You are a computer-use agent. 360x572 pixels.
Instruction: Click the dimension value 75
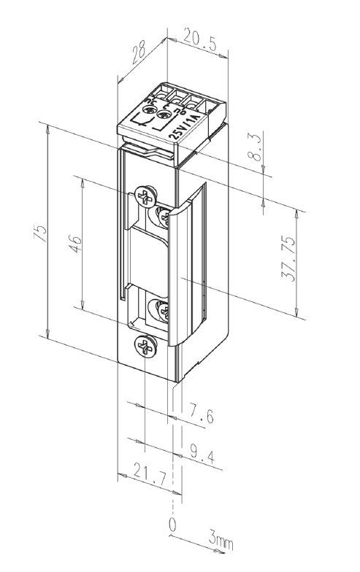(x=42, y=233)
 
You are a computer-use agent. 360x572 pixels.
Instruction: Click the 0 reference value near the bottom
(x=172, y=525)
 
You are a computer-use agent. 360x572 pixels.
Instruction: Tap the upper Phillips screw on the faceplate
(x=145, y=196)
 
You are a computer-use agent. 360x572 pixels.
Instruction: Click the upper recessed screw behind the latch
(x=164, y=217)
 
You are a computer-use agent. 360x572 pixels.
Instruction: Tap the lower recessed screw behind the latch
(x=162, y=312)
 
